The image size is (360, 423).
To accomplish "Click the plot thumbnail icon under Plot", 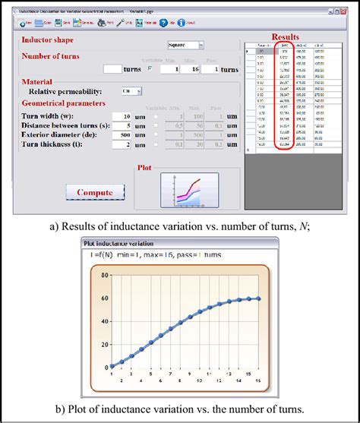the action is tap(189, 190).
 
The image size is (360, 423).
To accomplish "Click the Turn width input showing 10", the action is tap(122, 116).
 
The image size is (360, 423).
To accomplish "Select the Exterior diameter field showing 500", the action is tap(122, 134).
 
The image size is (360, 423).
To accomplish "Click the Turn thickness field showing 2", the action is tap(122, 144).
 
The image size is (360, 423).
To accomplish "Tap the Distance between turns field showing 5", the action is tap(122, 125).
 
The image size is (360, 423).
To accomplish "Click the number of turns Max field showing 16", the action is tap(195, 69).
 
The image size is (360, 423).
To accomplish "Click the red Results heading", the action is tap(289, 36).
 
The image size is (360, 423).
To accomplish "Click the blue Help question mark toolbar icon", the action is tap(163, 23).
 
